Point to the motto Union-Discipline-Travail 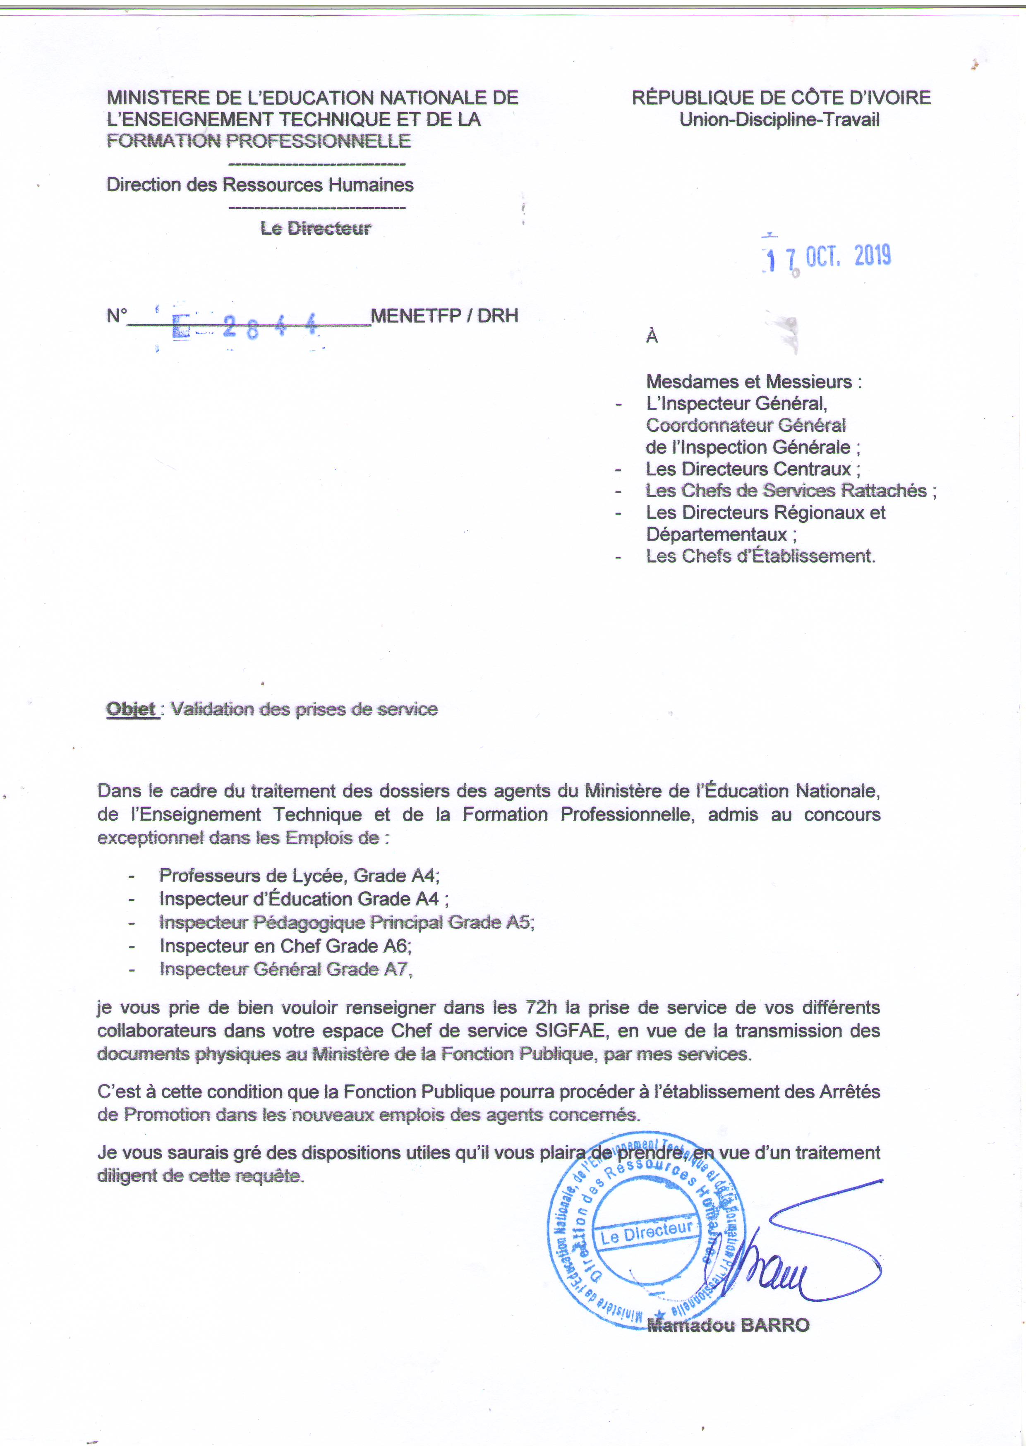click(x=779, y=120)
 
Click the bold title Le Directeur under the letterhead click(x=315, y=228)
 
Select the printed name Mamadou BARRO click(x=728, y=1325)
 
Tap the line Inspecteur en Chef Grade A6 click(x=285, y=946)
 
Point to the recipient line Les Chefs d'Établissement click(x=760, y=556)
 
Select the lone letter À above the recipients click(x=652, y=337)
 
